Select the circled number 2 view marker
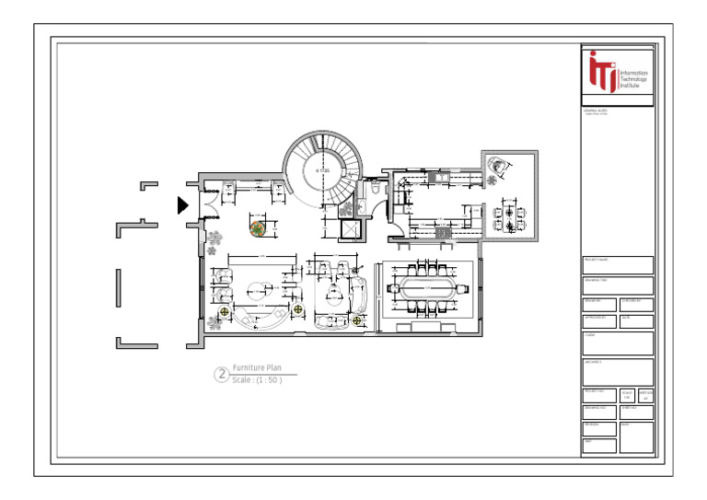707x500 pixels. (x=221, y=374)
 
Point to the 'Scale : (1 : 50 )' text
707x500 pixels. (x=257, y=379)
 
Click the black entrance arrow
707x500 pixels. (x=183, y=204)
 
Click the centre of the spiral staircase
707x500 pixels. (x=323, y=171)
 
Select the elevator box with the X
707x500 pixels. (x=350, y=229)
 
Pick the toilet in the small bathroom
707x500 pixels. (x=376, y=187)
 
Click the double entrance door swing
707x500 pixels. (x=208, y=198)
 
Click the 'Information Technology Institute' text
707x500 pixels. (x=633, y=76)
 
